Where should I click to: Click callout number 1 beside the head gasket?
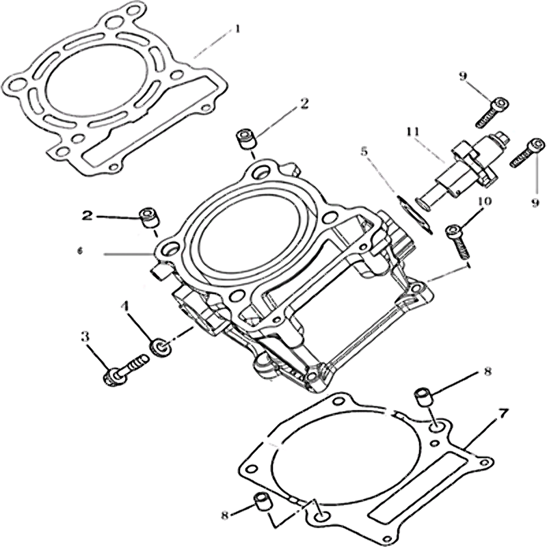point(237,29)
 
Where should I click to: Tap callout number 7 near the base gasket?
point(503,415)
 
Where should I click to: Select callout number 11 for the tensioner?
point(414,133)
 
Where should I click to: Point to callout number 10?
point(485,201)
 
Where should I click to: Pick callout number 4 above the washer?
point(125,306)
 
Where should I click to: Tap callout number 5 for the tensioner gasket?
point(364,152)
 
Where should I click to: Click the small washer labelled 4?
point(159,347)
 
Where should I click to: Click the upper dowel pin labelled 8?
point(423,397)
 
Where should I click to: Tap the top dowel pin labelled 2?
point(246,139)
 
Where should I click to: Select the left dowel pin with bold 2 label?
point(149,218)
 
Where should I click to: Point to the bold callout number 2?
point(88,216)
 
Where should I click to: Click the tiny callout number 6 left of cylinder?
point(80,251)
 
